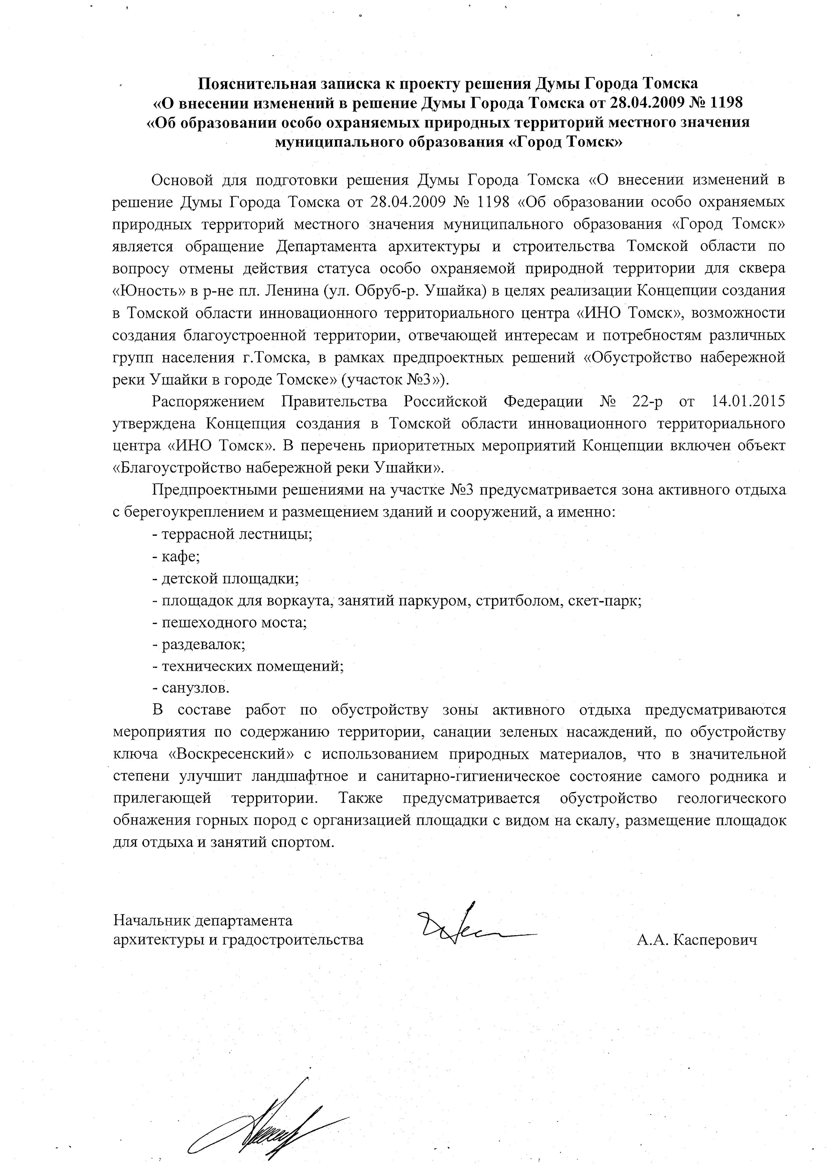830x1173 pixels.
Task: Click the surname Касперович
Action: [715, 940]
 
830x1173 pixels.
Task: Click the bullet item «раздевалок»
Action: [199, 644]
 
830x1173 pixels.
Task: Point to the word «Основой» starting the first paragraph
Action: [181, 180]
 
